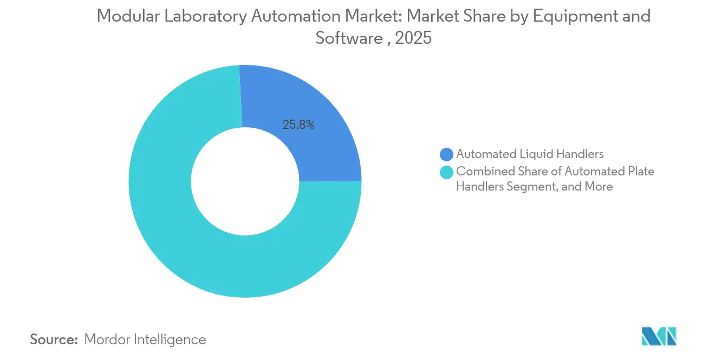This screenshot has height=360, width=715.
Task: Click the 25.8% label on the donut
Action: click(298, 125)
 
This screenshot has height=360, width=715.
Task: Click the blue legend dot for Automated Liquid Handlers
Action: click(447, 154)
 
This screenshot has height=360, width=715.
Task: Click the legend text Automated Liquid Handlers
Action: click(530, 154)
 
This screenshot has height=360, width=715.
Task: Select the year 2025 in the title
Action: click(414, 38)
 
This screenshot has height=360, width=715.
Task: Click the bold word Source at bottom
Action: click(54, 339)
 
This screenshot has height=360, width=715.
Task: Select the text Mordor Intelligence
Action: click(145, 339)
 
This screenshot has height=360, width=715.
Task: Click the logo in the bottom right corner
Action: click(659, 337)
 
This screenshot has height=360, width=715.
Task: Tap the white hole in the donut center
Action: click(245, 181)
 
